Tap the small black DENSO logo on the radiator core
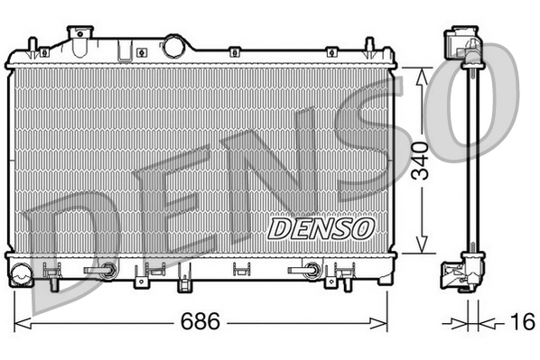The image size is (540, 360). (x=321, y=227)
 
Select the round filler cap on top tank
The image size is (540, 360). (x=172, y=45)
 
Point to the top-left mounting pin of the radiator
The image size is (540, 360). (x=33, y=46)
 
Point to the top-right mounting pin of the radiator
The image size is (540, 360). (x=368, y=46)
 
